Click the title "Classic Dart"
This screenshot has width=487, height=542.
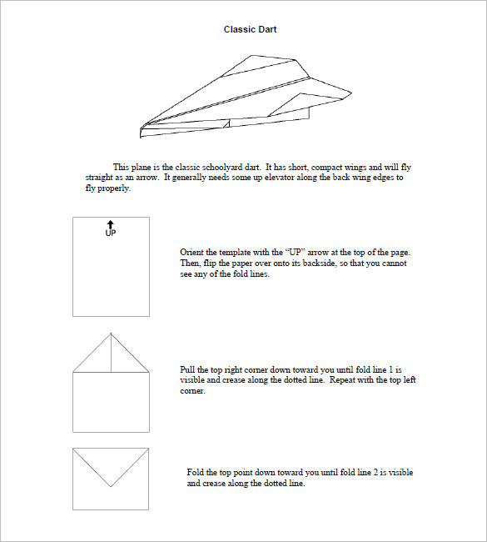pos(250,29)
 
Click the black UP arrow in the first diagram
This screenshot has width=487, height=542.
pos(111,224)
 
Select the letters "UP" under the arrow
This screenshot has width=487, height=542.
pos(111,233)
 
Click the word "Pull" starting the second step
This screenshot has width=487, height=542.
pos(187,369)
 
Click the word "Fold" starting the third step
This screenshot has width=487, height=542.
pos(195,473)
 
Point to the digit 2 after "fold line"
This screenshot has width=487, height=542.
pos(375,473)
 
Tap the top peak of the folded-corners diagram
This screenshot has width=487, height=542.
pos(111,334)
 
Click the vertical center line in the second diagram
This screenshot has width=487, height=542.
pos(111,353)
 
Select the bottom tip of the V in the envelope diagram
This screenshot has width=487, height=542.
pos(111,487)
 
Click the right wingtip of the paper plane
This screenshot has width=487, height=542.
pos(351,93)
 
